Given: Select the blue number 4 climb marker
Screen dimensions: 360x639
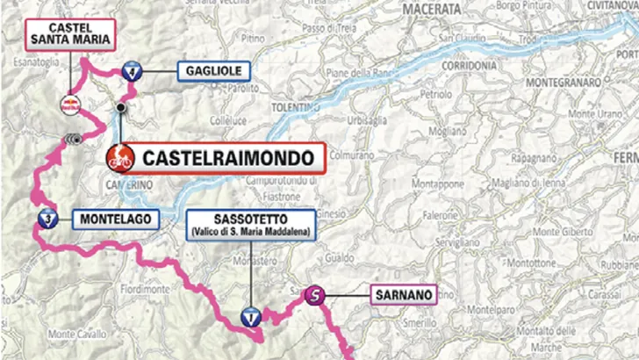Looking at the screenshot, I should click(x=132, y=72).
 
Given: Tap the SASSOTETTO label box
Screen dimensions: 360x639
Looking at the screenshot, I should click(x=251, y=225).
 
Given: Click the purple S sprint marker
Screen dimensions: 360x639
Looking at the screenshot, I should click(x=313, y=296).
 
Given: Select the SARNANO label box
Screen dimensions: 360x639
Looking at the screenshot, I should click(x=403, y=296).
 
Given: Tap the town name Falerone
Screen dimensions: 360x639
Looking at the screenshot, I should click(x=466, y=212).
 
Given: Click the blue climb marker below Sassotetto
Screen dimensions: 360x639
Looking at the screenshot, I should click(x=252, y=317).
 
